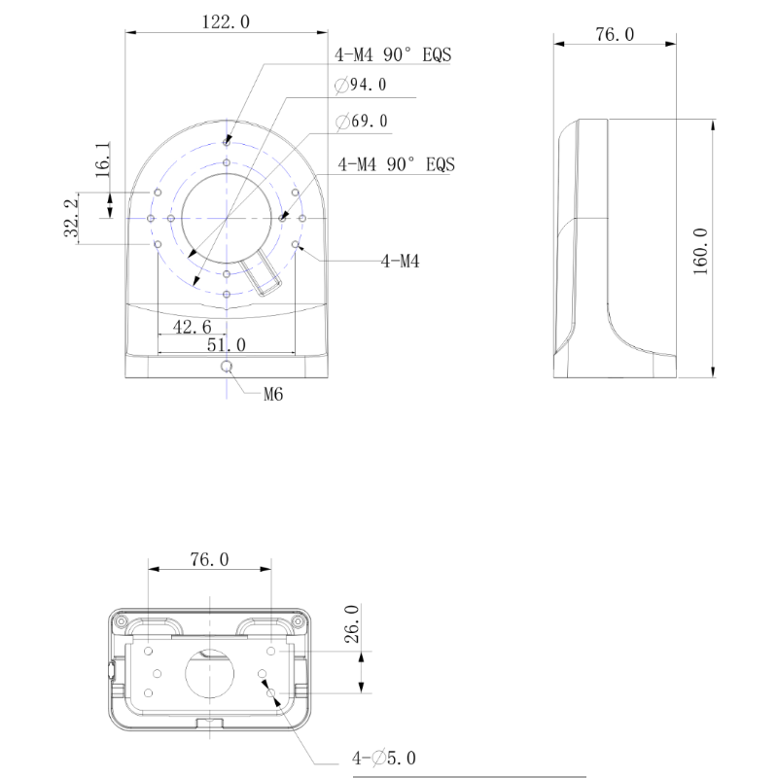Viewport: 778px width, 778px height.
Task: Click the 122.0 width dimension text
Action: click(226, 21)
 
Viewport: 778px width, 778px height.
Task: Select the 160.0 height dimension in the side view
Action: click(700, 252)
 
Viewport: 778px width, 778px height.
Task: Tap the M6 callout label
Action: click(273, 395)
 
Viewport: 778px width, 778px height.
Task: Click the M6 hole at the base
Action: click(227, 367)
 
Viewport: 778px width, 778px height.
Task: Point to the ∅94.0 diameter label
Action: click(361, 85)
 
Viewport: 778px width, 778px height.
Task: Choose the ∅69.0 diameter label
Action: click(362, 121)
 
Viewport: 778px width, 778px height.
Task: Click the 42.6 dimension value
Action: click(192, 327)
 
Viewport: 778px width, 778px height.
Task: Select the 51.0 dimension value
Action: click(227, 345)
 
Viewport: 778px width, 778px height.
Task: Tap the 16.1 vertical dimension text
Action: click(103, 159)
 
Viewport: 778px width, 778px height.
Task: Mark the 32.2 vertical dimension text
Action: click(71, 218)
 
